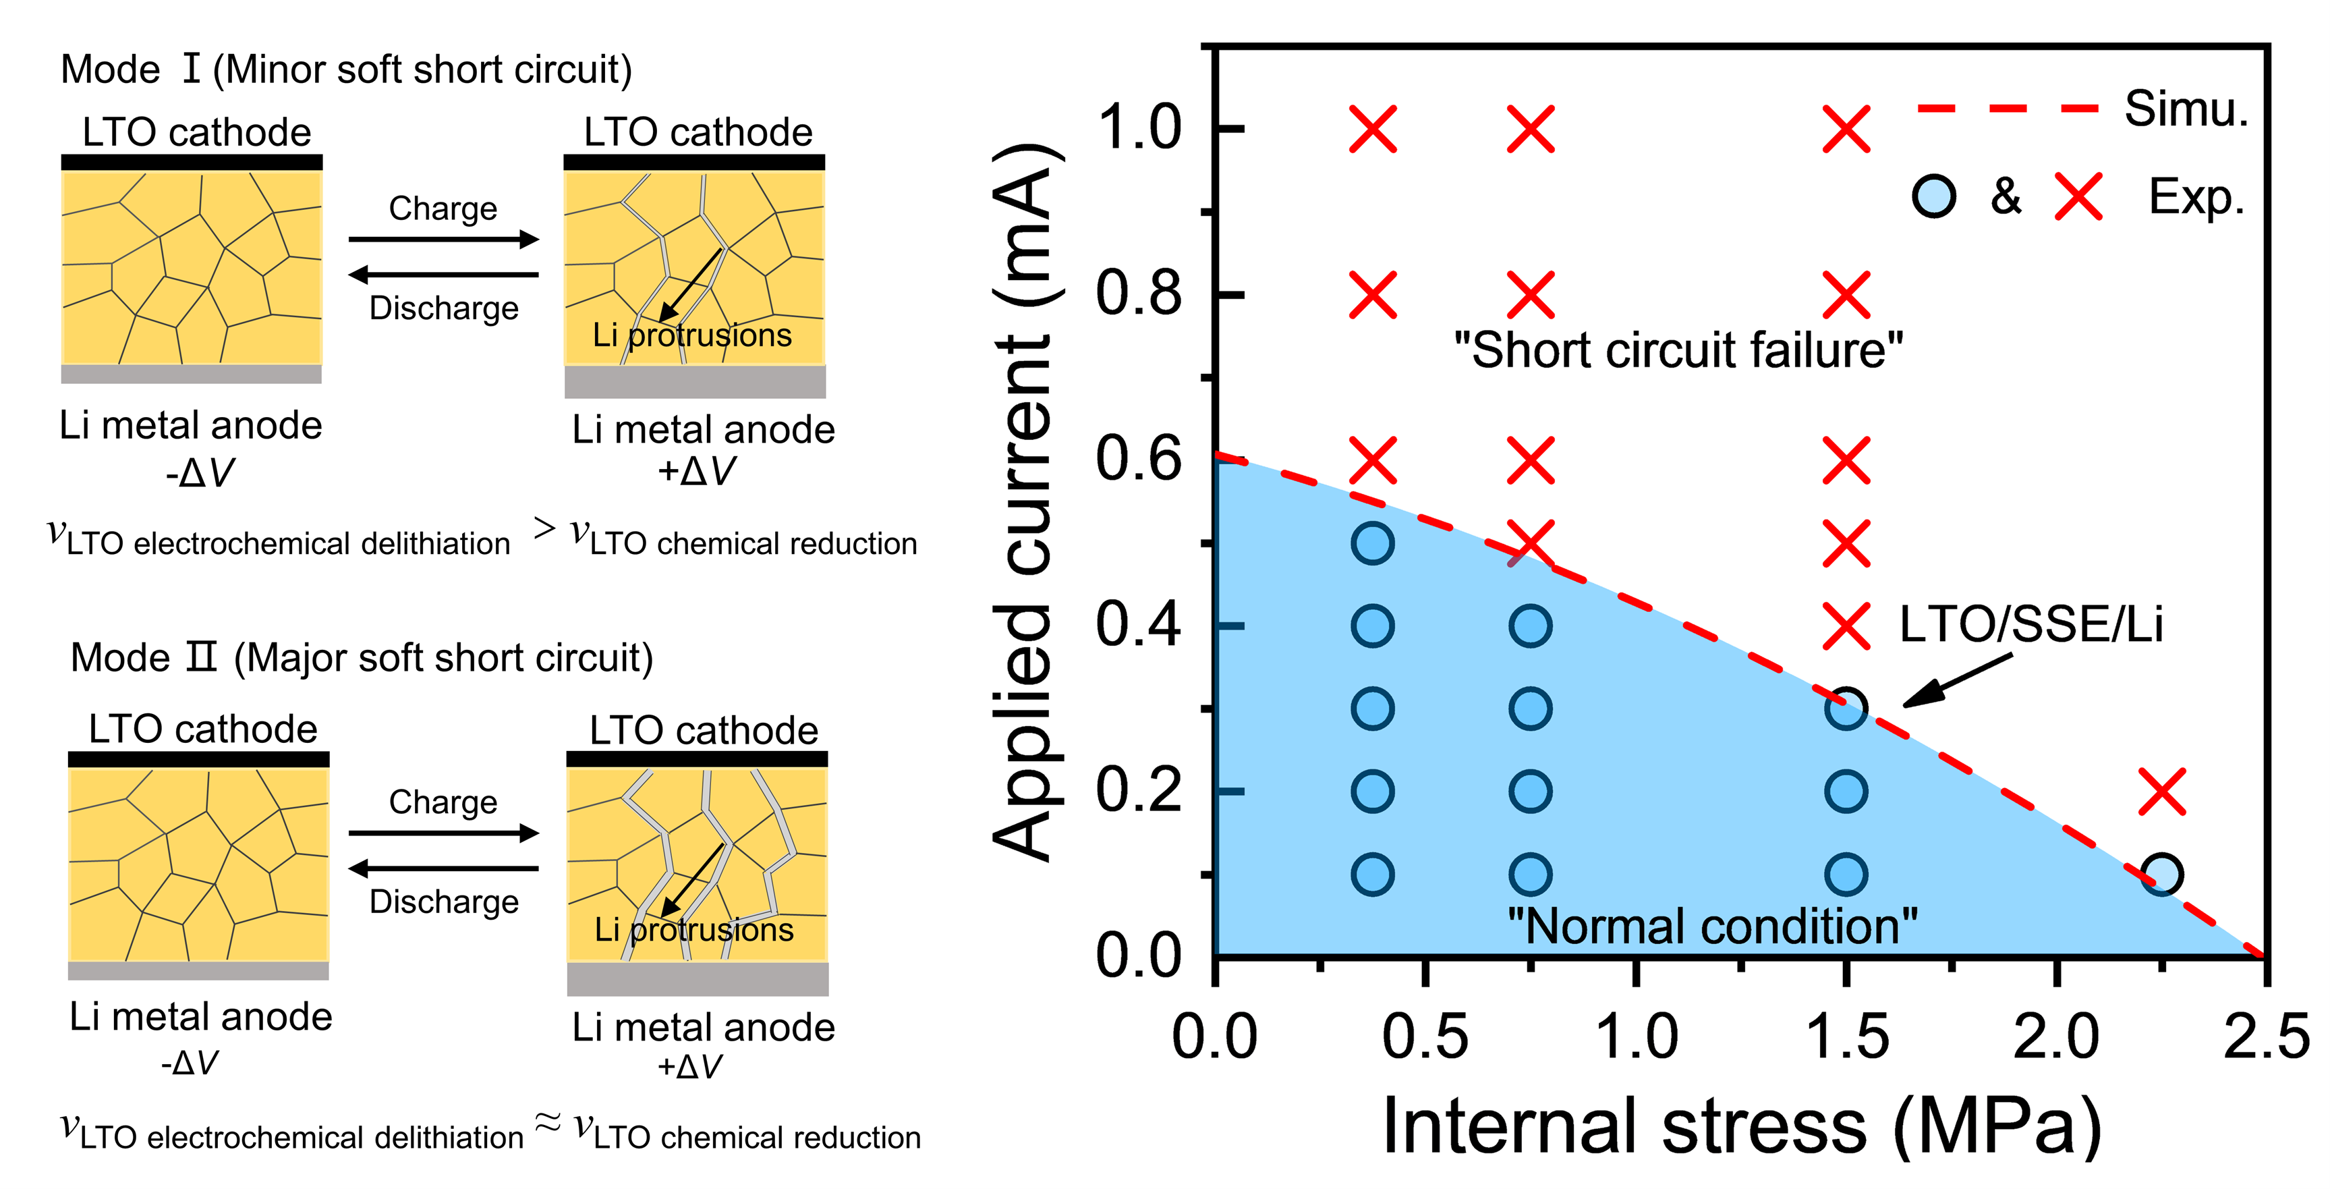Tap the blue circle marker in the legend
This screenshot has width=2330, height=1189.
tap(1934, 196)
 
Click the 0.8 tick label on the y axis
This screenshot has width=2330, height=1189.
tap(1138, 294)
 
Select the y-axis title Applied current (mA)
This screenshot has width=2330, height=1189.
tap(1026, 502)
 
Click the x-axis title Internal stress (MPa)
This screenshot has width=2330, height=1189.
tap(1741, 1126)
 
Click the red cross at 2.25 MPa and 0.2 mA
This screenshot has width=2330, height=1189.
tap(2162, 792)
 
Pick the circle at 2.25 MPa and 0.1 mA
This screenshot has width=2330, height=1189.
tap(2162, 874)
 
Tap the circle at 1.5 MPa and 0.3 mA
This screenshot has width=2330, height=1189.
tap(1846, 709)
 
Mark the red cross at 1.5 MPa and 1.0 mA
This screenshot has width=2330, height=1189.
tap(1846, 128)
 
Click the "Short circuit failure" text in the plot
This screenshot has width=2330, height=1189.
tap(1678, 350)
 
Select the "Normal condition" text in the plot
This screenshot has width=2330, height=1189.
tap(1711, 927)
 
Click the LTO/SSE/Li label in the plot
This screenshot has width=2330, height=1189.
tap(2030, 624)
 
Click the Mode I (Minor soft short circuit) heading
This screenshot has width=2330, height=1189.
tap(347, 70)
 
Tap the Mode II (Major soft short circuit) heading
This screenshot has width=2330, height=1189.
tap(362, 658)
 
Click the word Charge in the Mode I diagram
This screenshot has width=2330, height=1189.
tap(443, 209)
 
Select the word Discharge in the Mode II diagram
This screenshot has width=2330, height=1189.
tap(444, 902)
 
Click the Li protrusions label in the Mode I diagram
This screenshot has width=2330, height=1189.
tap(692, 335)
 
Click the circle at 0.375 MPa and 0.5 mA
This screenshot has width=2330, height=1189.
tap(1372, 544)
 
